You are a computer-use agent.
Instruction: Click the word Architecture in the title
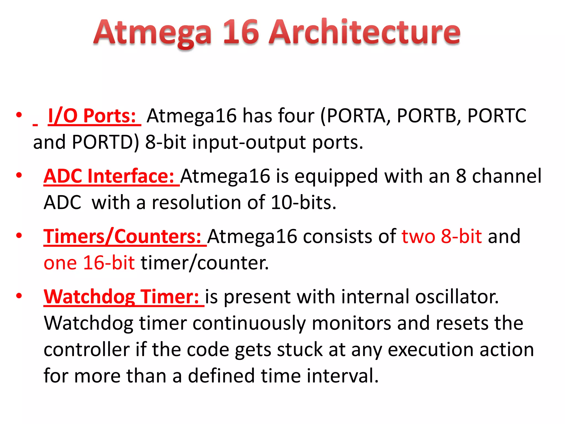(x=364, y=32)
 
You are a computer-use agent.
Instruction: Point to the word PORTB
(x=429, y=116)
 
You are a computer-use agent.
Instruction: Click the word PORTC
(x=497, y=116)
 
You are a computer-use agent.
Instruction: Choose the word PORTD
(x=105, y=142)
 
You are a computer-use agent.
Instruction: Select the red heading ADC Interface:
(x=109, y=176)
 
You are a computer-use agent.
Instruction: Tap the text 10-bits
(x=303, y=203)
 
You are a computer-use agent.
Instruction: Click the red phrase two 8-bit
(x=442, y=237)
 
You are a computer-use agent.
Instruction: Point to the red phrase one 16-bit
(x=89, y=263)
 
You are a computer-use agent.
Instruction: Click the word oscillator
(x=457, y=297)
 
